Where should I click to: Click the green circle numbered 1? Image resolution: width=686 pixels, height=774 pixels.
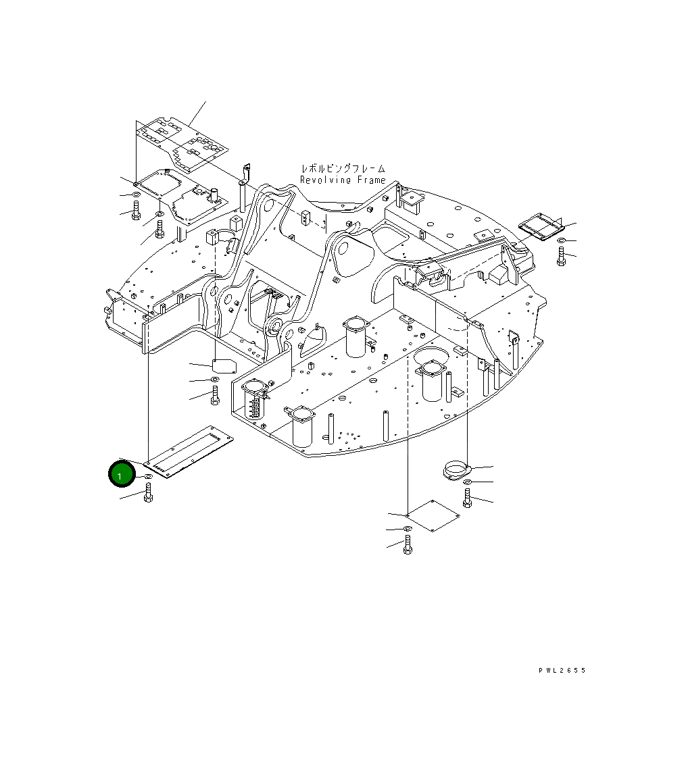point(122,475)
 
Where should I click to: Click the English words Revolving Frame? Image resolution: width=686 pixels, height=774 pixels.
point(343,180)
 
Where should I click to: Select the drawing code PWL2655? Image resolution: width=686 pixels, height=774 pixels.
point(562,671)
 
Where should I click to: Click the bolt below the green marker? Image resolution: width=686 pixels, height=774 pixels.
point(148,493)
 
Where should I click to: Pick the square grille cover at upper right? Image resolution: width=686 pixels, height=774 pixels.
point(542,228)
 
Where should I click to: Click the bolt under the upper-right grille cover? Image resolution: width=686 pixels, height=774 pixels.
point(561,256)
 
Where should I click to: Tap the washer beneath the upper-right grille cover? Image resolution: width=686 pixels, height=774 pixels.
point(561,240)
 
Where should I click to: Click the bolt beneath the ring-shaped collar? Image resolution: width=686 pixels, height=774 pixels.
point(467,498)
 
